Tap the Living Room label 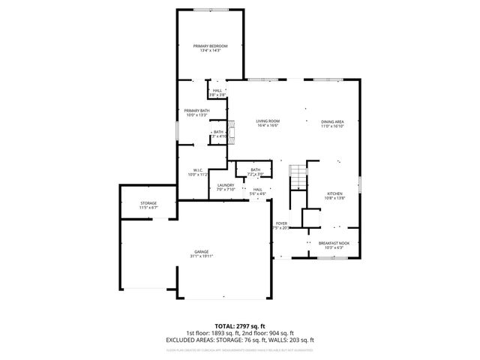coord(268,121)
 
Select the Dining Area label coord(333,121)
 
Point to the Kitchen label coord(334,193)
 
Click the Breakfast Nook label coord(334,243)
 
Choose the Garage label coord(201,251)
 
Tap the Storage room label coord(148,203)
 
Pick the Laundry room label coord(226,185)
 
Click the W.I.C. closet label coord(199,169)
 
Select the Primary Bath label coord(197,111)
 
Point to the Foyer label coord(282,223)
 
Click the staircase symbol coord(299,178)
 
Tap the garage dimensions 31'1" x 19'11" coord(201,256)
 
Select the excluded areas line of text coord(239,340)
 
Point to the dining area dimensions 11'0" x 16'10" coord(333,126)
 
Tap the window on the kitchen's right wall coord(360,184)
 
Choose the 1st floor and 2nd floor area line coord(239,333)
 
